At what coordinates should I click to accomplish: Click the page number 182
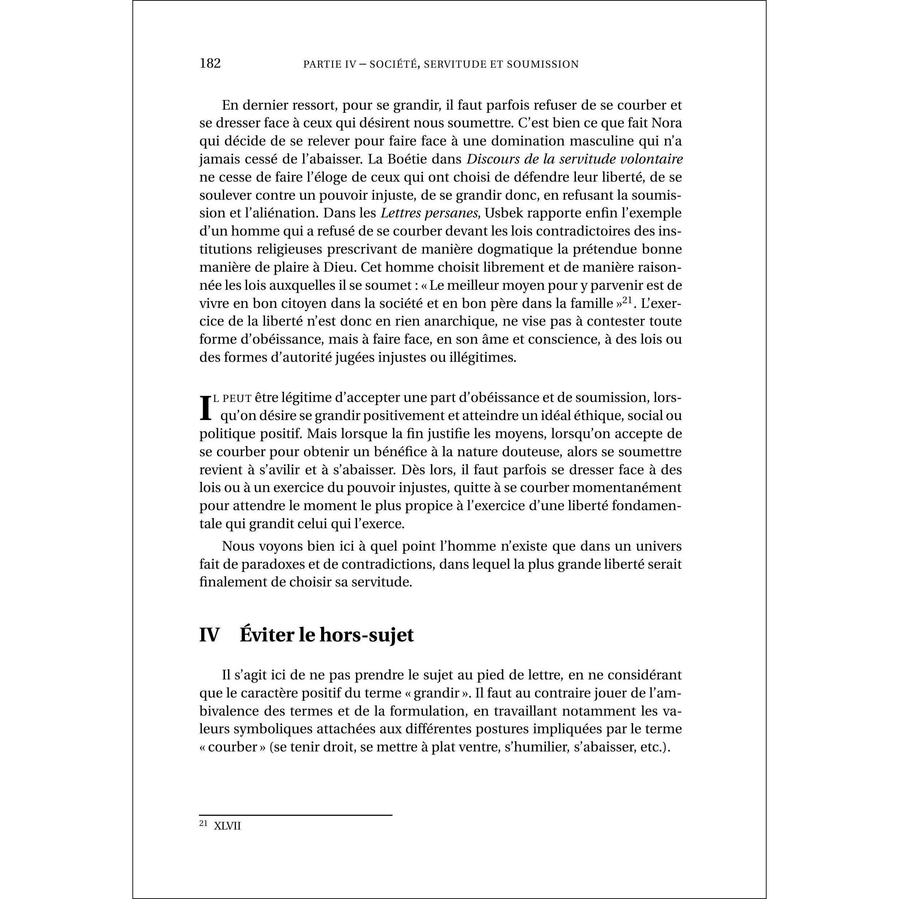point(210,63)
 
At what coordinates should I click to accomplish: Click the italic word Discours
point(494,159)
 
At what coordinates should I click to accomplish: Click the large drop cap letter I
point(205,408)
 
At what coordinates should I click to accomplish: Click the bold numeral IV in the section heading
point(209,635)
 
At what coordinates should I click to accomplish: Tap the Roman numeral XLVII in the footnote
point(227,826)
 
